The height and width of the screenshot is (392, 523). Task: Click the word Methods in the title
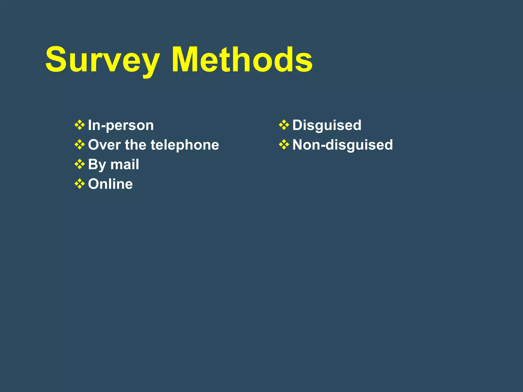pos(242,60)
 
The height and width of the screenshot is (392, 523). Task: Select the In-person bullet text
pos(121,125)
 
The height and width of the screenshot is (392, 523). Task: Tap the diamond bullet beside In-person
pos(80,125)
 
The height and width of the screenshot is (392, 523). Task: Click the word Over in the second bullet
pos(104,145)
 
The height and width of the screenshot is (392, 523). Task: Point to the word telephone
pos(185,145)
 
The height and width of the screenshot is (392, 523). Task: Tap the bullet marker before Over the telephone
pos(80,145)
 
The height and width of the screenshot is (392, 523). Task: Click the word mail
pos(125,164)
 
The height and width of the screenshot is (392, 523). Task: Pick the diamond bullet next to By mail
pos(80,164)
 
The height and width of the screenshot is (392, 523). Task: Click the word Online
pos(110,184)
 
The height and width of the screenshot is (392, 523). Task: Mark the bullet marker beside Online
pos(80,184)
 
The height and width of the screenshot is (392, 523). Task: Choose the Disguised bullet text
pos(327,125)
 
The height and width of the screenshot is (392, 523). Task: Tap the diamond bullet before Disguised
pos(284,125)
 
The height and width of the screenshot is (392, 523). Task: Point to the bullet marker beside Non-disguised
pos(284,145)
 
